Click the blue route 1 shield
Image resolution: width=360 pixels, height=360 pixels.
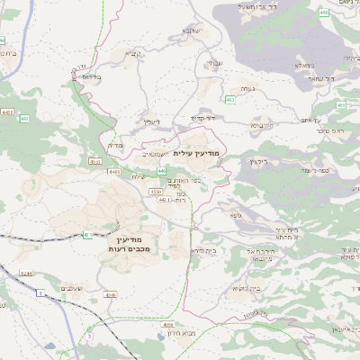pyautogui.click(x=40, y=293)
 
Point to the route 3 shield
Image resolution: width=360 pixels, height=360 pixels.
pyautogui.click(x=90, y=336)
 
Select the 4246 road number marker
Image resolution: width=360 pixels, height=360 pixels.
pyautogui.click(x=110, y=293)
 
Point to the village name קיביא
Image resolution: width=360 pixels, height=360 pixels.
pyautogui.click(x=133, y=53)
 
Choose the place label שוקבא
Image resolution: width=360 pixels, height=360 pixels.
pyautogui.click(x=190, y=31)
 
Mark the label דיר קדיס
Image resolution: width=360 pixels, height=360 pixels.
pyautogui.click(x=205, y=118)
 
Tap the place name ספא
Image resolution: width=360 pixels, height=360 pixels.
pyautogui.click(x=235, y=215)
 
